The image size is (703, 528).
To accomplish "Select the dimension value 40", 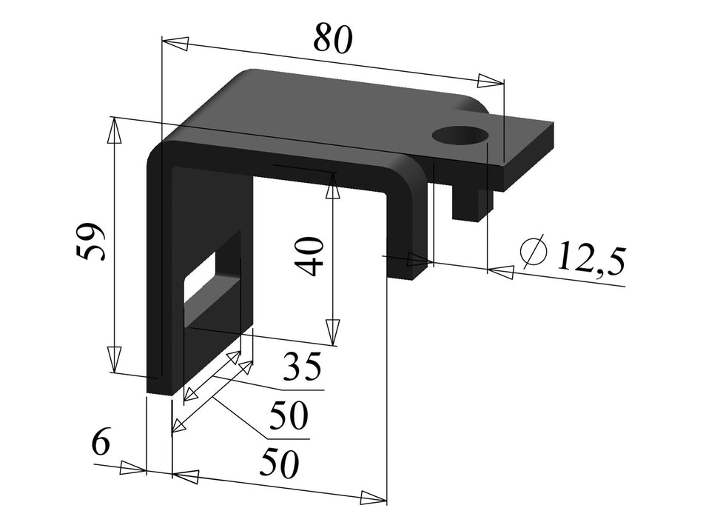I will point(312,256).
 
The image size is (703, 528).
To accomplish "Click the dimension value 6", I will point(101,443).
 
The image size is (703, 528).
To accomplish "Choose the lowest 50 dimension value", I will point(278,464).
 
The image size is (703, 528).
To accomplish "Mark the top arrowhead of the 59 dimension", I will point(114,130).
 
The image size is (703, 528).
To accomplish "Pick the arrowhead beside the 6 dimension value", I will point(133,468).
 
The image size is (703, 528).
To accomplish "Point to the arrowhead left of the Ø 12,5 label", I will point(501,273).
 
